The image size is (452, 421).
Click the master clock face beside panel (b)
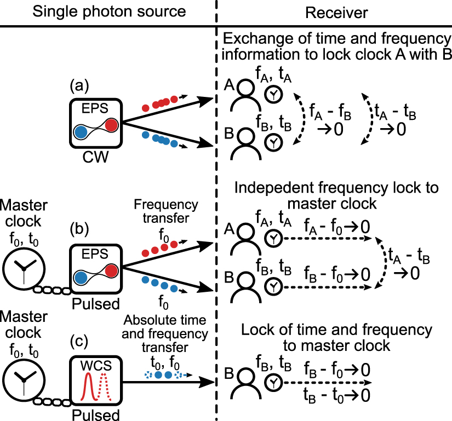(24, 267)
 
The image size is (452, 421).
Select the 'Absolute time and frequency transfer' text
(165, 333)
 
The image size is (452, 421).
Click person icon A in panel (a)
(245, 95)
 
